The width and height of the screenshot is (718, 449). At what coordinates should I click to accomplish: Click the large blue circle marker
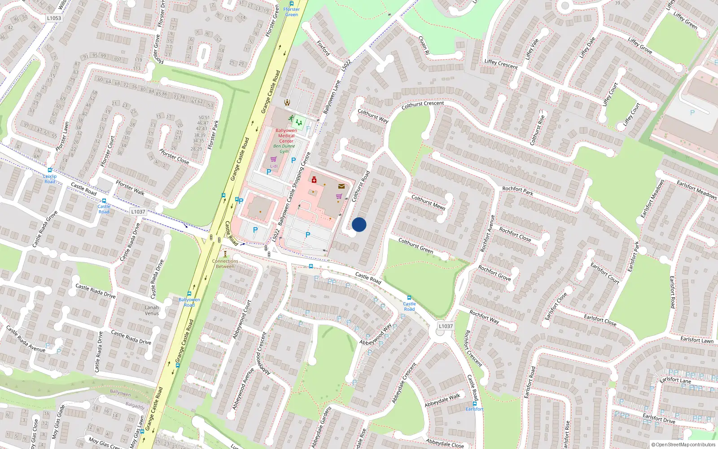359,224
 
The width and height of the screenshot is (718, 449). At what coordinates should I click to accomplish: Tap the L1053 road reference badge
54,18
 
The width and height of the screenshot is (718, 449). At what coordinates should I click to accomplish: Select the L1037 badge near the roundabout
446,326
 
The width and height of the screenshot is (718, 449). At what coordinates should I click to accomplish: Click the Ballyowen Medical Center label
286,136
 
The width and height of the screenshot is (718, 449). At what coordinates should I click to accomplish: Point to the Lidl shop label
274,166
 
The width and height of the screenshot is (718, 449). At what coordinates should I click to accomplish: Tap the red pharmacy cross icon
314,180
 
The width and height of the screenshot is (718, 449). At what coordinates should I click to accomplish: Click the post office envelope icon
341,186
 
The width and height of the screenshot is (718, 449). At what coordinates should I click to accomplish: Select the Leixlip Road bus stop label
50,179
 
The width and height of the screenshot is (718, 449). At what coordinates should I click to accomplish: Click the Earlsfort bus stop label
474,409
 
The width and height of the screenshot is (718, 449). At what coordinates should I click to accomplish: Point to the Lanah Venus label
152,310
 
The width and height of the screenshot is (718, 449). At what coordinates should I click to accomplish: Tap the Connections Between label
225,264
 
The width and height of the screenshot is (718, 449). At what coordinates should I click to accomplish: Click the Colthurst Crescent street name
423,104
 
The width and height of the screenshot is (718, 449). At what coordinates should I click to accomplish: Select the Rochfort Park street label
518,191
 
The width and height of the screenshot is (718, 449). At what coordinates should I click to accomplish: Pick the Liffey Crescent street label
501,64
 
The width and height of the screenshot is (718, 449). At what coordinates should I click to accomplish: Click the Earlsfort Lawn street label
696,339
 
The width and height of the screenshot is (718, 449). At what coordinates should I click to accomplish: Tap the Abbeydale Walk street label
442,400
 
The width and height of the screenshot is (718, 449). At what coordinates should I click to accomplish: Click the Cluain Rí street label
424,46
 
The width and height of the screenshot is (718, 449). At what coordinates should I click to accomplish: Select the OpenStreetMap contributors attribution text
683,445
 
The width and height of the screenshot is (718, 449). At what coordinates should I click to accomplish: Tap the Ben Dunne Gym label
285,149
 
